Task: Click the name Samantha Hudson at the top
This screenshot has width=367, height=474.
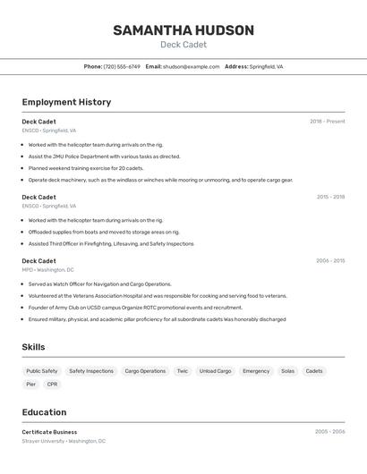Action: (183, 30)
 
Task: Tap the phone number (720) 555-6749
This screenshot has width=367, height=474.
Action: (122, 66)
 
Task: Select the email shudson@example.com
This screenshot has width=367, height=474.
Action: (191, 66)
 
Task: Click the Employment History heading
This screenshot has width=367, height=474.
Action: (66, 102)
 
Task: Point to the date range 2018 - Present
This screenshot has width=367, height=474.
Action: (327, 122)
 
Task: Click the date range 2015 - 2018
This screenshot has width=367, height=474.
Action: (330, 197)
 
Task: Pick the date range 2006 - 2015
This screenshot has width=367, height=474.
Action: (330, 261)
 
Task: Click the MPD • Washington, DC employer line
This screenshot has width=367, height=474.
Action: (47, 269)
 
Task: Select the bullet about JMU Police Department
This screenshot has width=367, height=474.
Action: (104, 157)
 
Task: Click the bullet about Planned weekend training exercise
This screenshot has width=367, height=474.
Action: (85, 168)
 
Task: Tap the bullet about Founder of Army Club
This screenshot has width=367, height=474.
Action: (122, 308)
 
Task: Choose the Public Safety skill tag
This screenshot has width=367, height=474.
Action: (42, 371)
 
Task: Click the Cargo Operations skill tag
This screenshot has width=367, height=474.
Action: (145, 371)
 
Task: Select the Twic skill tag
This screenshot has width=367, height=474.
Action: (182, 371)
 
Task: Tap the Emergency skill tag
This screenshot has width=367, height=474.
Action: (256, 371)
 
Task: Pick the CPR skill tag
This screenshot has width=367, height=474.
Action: (53, 385)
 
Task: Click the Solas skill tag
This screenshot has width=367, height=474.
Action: (287, 371)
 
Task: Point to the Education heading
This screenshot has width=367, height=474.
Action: (44, 412)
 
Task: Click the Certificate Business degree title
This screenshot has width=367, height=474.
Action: (49, 432)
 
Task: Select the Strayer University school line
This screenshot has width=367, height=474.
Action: (64, 441)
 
